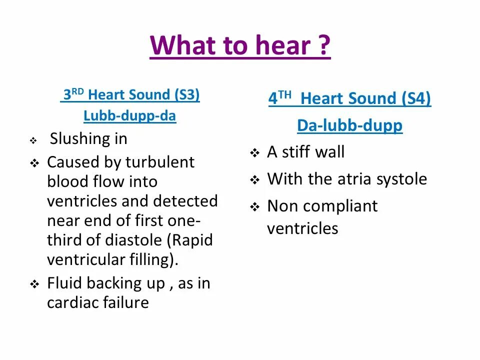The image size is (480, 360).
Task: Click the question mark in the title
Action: (323, 46)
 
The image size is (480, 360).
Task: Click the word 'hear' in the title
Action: (284, 46)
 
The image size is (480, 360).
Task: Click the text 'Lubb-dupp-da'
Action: (129, 116)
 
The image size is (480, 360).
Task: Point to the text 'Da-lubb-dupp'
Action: (349, 125)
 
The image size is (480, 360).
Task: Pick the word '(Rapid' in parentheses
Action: (192, 240)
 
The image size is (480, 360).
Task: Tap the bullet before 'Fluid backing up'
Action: (34, 284)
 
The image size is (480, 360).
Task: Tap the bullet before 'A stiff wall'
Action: (255, 153)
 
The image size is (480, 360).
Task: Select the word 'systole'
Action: (402, 179)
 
